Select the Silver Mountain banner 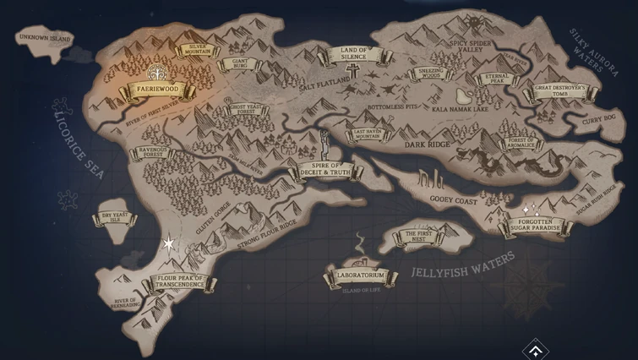tap(198, 49)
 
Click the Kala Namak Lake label tap(461, 109)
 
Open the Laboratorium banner tap(360, 276)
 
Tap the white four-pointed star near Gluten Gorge tap(168, 244)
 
